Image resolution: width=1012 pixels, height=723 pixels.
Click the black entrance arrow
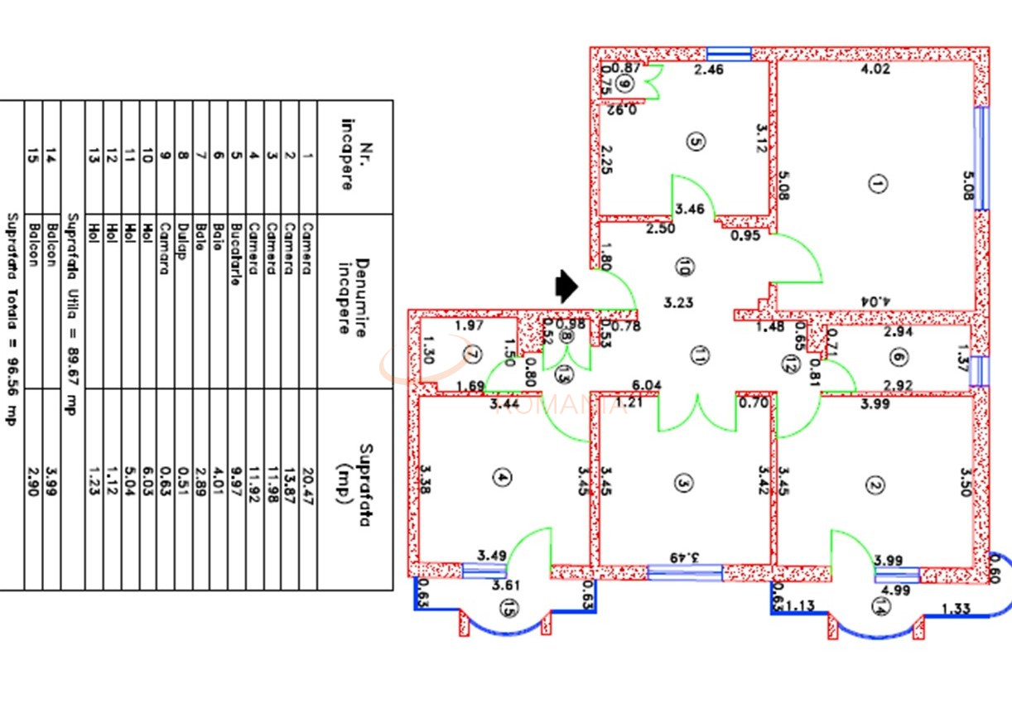click(x=566, y=287)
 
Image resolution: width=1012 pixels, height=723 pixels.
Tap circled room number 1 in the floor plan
click(x=877, y=184)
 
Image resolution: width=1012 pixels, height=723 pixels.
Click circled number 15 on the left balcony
click(x=508, y=609)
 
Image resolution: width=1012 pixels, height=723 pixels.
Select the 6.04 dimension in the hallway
click(x=647, y=385)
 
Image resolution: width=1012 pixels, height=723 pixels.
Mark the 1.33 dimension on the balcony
click(x=956, y=610)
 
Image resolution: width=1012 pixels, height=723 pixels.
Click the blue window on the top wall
click(x=729, y=54)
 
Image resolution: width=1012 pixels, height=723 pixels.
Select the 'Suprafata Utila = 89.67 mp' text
click(x=73, y=315)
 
